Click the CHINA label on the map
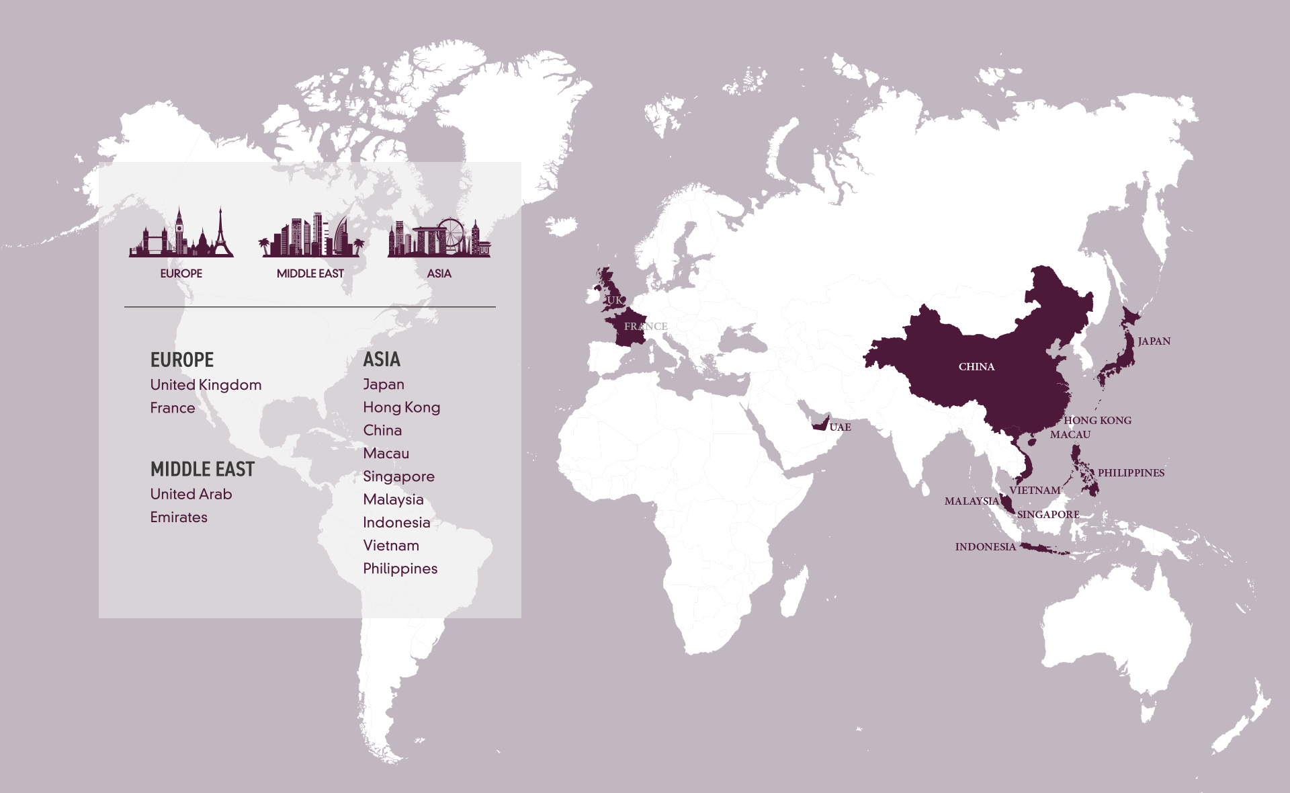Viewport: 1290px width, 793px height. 976,367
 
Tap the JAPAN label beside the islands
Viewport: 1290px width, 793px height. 1154,341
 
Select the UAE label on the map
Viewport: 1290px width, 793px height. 840,427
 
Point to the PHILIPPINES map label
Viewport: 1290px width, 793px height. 1131,473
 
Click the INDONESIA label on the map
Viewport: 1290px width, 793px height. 985,547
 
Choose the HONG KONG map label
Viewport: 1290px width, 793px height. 1097,421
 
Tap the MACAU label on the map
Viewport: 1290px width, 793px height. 1070,435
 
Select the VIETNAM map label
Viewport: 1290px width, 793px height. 1035,491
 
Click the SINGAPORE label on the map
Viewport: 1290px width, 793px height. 1048,515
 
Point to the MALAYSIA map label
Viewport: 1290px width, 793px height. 972,501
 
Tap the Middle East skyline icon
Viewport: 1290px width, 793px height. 310,235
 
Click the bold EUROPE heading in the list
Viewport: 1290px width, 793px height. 182,360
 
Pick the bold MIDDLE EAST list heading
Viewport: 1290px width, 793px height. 202,469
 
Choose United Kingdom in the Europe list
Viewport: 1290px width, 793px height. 206,385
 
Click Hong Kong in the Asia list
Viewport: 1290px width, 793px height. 401,407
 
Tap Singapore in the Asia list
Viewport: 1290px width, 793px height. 398,476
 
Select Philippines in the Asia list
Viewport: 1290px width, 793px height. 400,569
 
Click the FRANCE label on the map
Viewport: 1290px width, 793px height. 645,327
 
